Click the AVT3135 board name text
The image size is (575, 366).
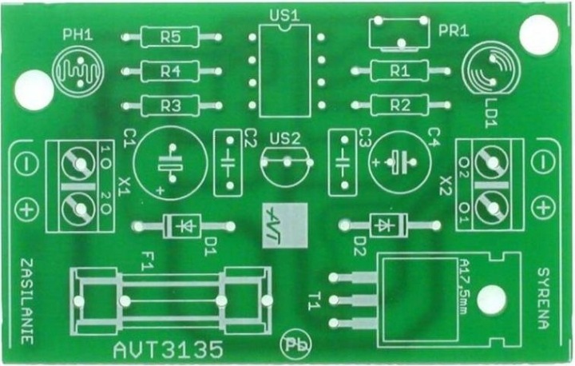tap(168, 349)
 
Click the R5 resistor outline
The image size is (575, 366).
tap(169, 37)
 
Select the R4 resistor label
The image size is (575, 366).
tap(169, 71)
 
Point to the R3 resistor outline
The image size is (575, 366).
tap(169, 105)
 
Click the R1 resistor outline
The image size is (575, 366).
tap(399, 71)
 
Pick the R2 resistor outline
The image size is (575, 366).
tap(399, 105)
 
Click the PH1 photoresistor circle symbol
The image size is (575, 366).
tap(77, 71)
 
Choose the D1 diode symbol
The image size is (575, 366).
tap(184, 226)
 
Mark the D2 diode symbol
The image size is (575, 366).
tap(386, 225)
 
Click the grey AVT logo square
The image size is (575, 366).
tap(284, 226)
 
